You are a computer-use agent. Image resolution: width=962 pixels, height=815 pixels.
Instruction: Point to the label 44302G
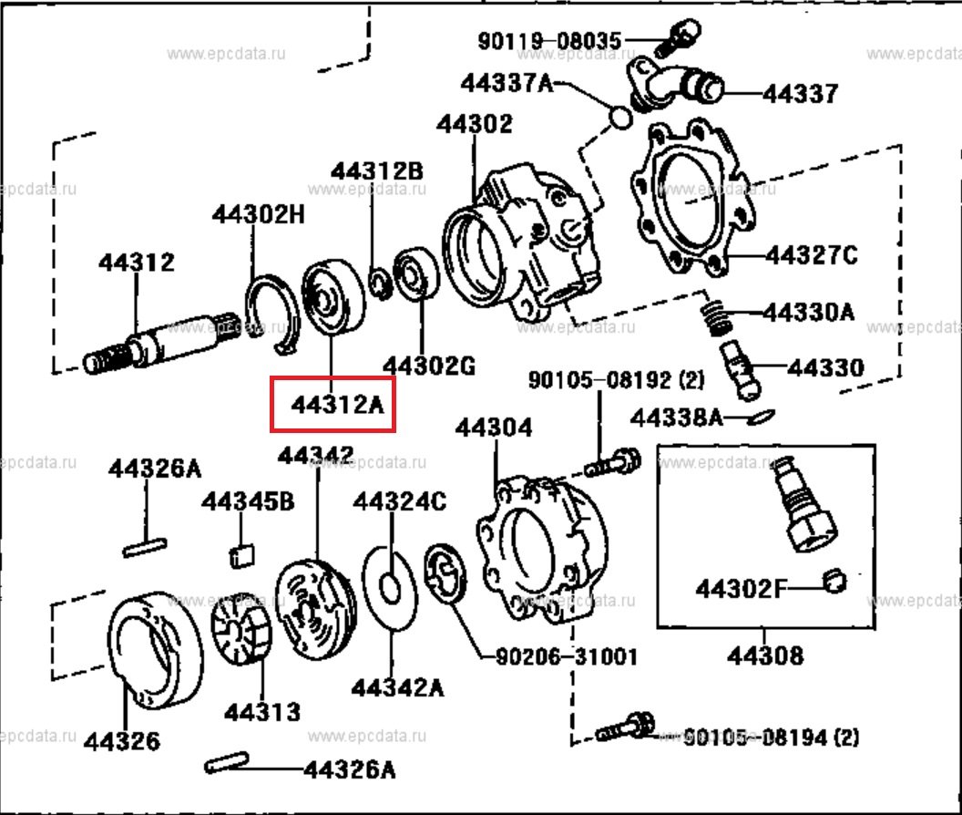point(429,366)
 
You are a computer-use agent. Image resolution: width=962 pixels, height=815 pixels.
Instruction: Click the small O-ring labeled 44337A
point(619,119)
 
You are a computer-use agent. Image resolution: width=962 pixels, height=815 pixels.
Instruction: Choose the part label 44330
point(825,368)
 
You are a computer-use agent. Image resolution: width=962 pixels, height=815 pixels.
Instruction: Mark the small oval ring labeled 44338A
point(762,418)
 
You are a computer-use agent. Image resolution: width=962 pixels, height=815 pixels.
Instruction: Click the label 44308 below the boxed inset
point(765,655)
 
